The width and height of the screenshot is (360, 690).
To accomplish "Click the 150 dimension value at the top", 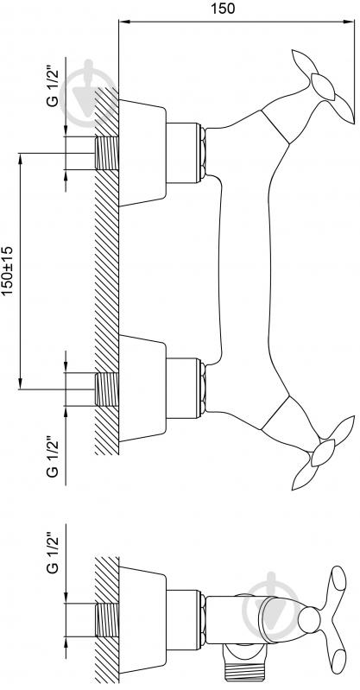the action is [x=223, y=9].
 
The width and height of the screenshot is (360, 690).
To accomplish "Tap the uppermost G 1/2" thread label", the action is [x=53, y=87].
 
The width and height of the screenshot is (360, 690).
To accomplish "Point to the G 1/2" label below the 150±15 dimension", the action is [x=53, y=457].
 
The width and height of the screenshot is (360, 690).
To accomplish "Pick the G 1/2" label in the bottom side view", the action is [x=53, y=554].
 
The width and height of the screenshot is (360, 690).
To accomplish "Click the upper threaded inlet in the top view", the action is [x=107, y=153].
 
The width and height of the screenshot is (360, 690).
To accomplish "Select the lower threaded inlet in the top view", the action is [x=107, y=389].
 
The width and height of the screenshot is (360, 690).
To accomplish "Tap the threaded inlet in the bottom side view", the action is [x=107, y=620].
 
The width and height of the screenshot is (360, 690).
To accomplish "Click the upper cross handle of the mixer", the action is [x=324, y=85].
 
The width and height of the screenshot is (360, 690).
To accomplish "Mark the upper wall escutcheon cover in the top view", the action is [x=142, y=153].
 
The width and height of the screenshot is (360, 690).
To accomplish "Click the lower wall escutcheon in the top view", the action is [x=142, y=389].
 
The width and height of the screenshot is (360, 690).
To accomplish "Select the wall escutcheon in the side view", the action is [x=142, y=619].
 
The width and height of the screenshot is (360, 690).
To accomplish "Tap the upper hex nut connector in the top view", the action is [x=202, y=153].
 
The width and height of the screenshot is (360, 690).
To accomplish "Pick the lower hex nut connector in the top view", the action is [x=202, y=389].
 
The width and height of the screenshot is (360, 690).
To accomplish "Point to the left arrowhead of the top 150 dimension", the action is [x=123, y=21].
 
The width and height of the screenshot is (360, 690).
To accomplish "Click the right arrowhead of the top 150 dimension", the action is [x=351, y=21].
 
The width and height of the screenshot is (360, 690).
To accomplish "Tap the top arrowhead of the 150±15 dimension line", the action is [x=20, y=157].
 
